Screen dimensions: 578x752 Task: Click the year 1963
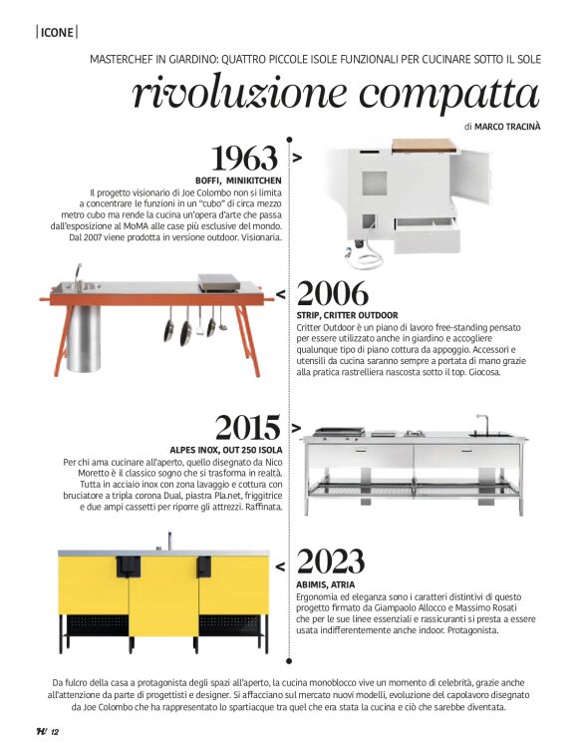243,158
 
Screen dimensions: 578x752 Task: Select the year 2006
333,293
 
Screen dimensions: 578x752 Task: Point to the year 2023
333,562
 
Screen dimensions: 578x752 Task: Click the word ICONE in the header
57,32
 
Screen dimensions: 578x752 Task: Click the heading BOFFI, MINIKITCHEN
238,180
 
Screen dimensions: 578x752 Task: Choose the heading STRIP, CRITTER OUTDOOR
347,315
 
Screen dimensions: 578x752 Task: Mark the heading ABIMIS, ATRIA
326,583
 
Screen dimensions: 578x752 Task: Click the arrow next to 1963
297,158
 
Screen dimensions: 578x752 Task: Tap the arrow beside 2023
280,565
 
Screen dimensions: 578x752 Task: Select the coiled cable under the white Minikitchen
371,256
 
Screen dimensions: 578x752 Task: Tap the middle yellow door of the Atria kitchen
163,595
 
